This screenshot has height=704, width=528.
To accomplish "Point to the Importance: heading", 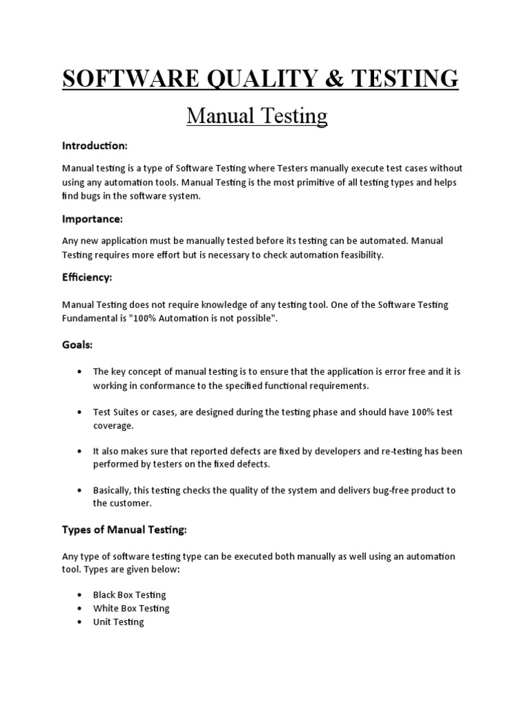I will (x=93, y=219).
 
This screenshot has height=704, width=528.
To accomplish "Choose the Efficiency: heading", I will (x=87, y=277).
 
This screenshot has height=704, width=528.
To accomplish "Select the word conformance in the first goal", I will (x=181, y=386).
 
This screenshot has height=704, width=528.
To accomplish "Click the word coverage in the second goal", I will (x=113, y=426).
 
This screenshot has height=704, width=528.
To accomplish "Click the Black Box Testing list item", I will (x=129, y=595).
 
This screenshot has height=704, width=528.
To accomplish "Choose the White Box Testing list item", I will (x=131, y=608).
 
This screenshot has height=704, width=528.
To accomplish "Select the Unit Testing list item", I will (x=118, y=622).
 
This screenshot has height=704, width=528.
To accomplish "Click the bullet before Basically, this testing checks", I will (x=81, y=490).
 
